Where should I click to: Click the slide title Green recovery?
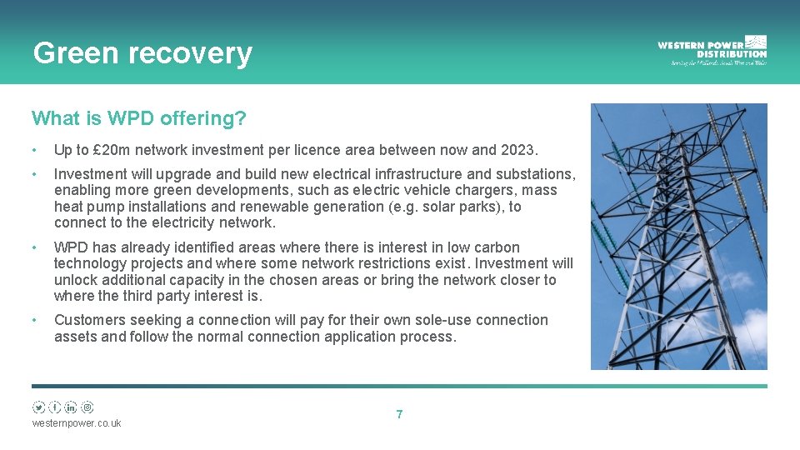tap(142, 53)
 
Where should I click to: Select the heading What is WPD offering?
tap(138, 118)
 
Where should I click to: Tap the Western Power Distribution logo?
tap(712, 50)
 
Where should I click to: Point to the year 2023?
tap(519, 150)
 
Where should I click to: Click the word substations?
tap(534, 174)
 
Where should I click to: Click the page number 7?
tap(399, 414)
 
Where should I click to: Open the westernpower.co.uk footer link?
tap(77, 423)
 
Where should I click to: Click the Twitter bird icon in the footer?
tap(39, 407)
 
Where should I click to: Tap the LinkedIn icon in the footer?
tap(71, 407)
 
